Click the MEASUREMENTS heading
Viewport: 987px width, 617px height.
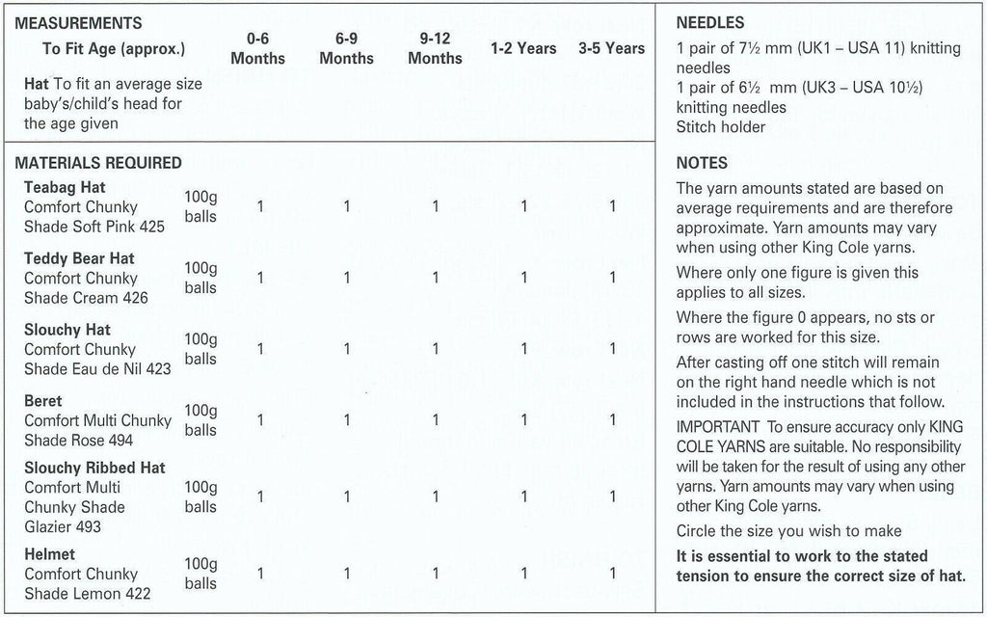[78, 23]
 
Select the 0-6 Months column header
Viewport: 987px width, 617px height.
[257, 49]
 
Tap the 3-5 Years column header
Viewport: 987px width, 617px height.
[612, 48]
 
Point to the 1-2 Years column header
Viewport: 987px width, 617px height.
[523, 48]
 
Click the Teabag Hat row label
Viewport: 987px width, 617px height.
[65, 187]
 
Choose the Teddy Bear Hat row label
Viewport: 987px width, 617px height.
[79, 258]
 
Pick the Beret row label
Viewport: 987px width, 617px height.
[43, 401]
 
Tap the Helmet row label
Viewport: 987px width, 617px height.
[50, 554]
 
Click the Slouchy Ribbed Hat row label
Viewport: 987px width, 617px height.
[94, 468]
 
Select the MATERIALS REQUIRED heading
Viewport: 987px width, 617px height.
[98, 163]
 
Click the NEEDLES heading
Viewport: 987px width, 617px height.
[710, 23]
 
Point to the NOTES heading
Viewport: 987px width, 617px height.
[703, 163]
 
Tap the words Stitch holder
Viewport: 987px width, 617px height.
[721, 127]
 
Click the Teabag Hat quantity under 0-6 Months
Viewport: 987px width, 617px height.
[259, 206]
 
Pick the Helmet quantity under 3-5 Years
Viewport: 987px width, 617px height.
[612, 574]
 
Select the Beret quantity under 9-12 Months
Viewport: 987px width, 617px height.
[436, 420]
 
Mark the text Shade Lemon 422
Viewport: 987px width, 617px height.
[88, 594]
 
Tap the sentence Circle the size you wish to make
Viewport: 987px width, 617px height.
[789, 531]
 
